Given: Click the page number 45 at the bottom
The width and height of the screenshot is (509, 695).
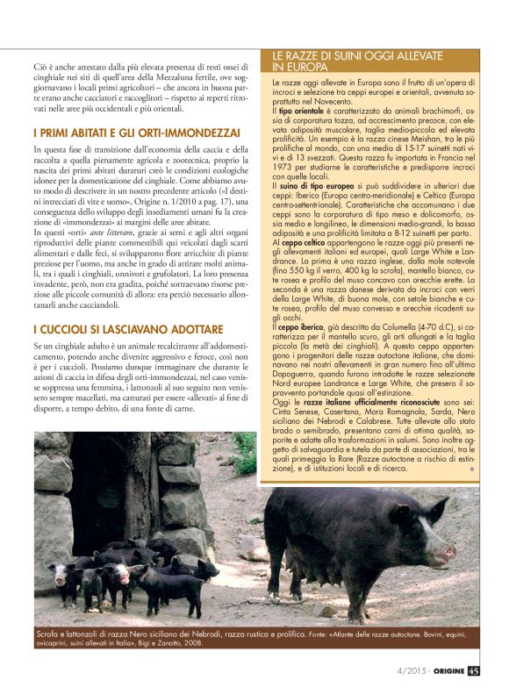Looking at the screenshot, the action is pyautogui.click(x=473, y=675).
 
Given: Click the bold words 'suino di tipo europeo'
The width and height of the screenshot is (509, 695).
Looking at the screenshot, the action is pyautogui.click(x=311, y=187).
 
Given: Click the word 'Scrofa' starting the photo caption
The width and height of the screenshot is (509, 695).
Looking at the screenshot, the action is pyautogui.click(x=51, y=633).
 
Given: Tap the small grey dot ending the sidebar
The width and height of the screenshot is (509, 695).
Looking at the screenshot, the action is pyautogui.click(x=471, y=469).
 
